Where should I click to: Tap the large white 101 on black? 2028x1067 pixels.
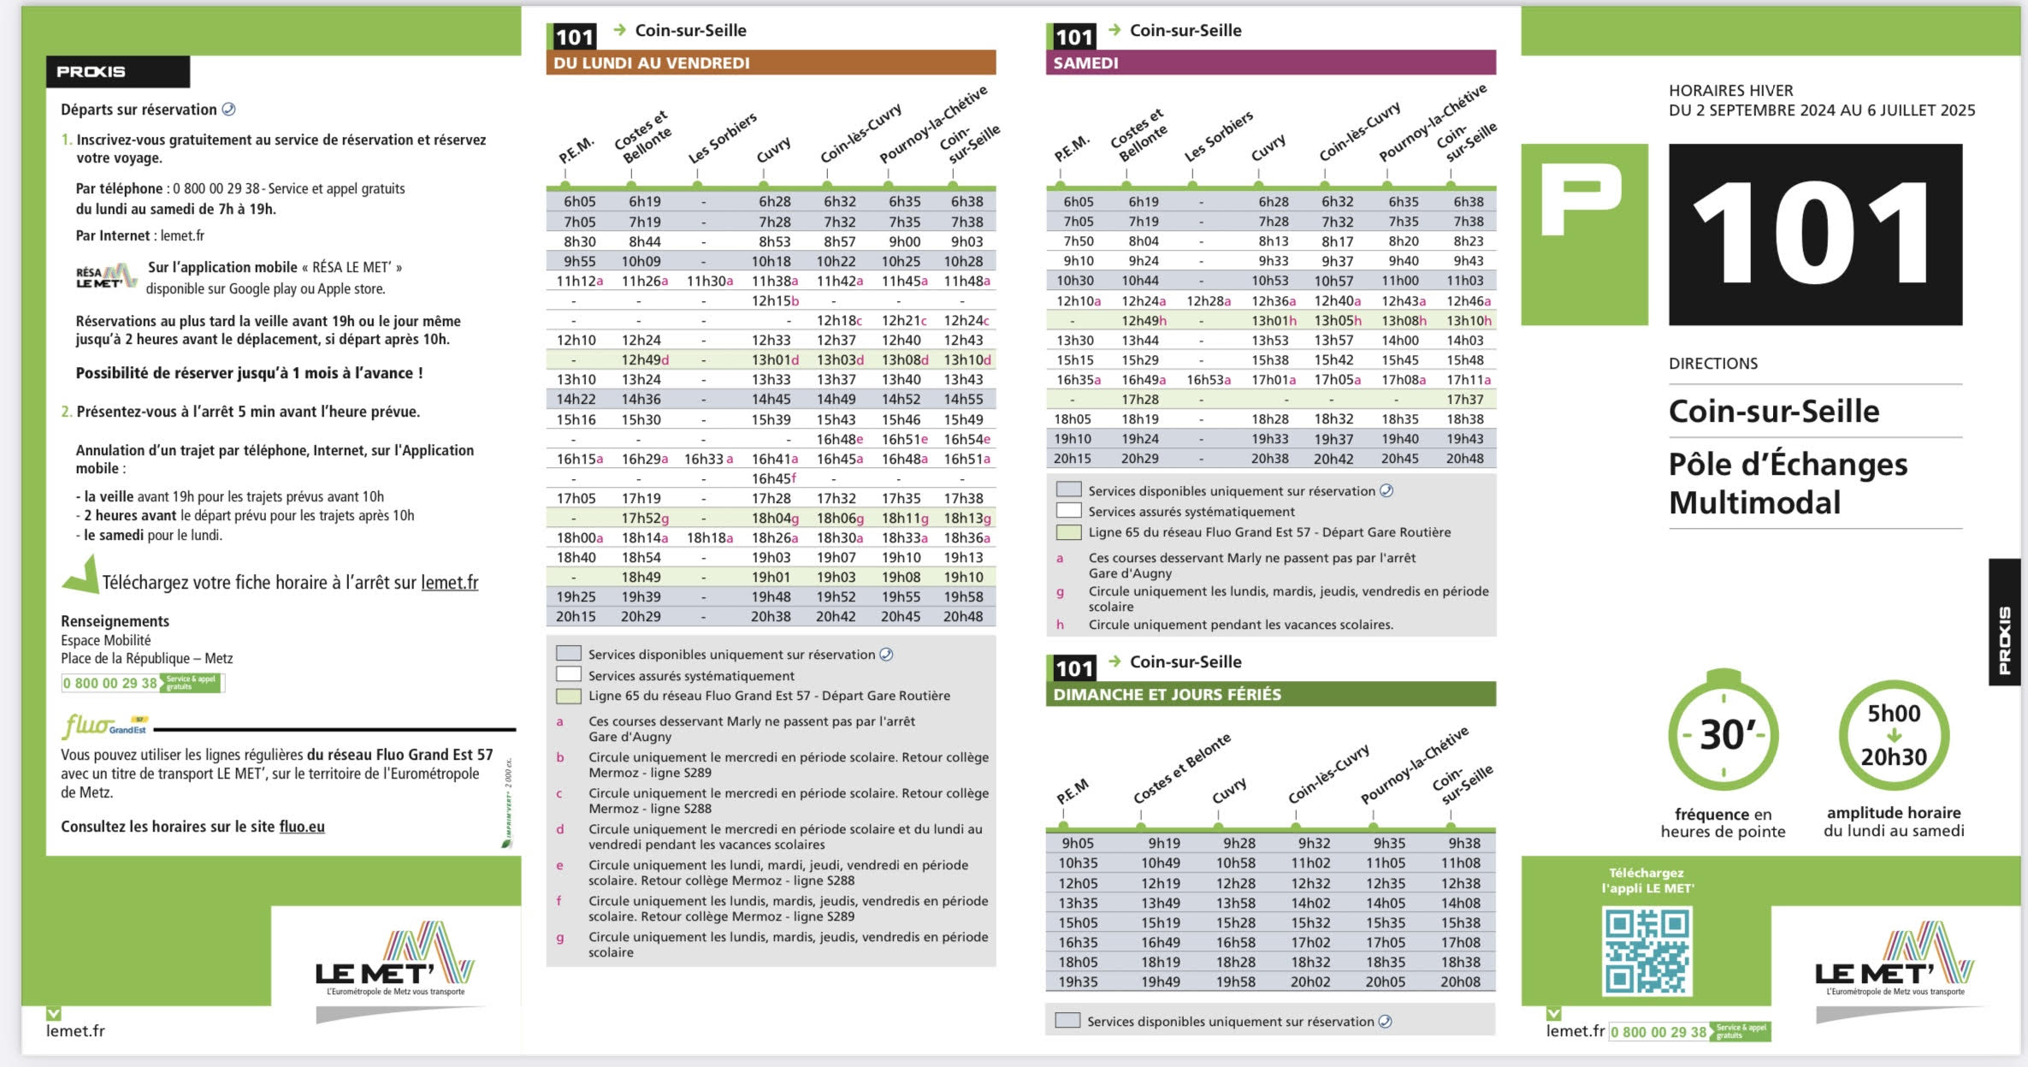point(1814,234)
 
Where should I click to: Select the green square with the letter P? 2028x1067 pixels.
point(1583,234)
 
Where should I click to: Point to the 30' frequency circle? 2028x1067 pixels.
point(1723,735)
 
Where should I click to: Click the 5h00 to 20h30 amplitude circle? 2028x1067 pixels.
point(1894,735)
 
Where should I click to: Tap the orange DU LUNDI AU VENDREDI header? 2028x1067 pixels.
point(771,62)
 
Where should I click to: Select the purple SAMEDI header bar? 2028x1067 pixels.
point(1270,62)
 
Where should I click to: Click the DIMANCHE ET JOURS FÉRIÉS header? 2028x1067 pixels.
point(1270,694)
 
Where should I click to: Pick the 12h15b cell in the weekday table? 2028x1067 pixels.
point(775,301)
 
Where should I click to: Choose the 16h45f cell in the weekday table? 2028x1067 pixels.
point(774,478)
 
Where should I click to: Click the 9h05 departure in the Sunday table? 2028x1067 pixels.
point(1078,843)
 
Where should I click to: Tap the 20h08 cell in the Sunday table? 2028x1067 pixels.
point(1460,981)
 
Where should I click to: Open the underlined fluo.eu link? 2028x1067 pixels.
point(302,827)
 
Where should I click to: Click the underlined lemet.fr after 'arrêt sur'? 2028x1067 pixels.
point(449,583)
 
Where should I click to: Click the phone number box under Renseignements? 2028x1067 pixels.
point(142,683)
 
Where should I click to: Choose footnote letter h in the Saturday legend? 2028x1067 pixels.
point(1060,625)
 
